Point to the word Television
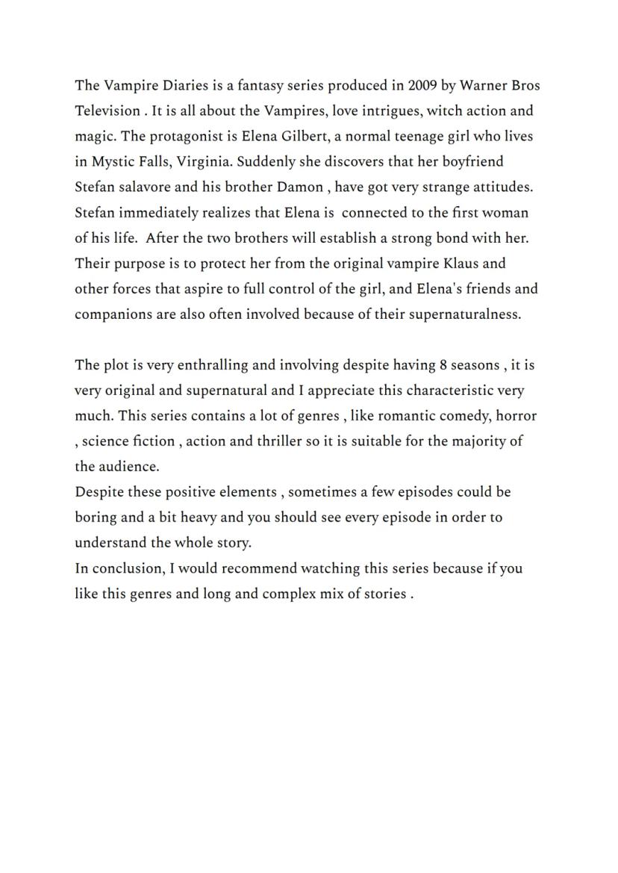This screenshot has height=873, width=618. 107,111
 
